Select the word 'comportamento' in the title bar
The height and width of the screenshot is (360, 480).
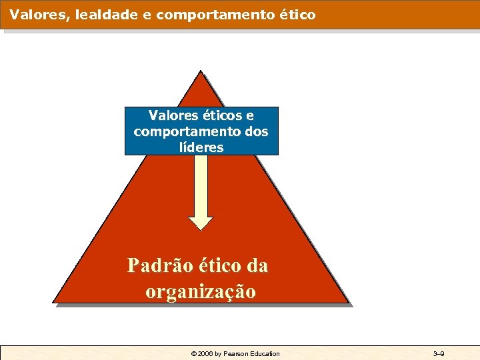(211, 13)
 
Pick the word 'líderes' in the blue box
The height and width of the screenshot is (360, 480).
(201, 147)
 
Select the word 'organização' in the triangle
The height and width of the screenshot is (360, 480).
(200, 292)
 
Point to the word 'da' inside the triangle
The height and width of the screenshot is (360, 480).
(257, 266)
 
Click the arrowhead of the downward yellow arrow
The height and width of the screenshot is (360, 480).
(201, 222)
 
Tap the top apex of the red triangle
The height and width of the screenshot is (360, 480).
(199, 71)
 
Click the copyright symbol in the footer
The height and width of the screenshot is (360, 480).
(194, 353)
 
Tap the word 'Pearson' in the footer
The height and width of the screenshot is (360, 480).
(236, 353)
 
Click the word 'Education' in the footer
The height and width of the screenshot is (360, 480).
(265, 353)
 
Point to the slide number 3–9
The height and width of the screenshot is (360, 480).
(439, 353)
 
